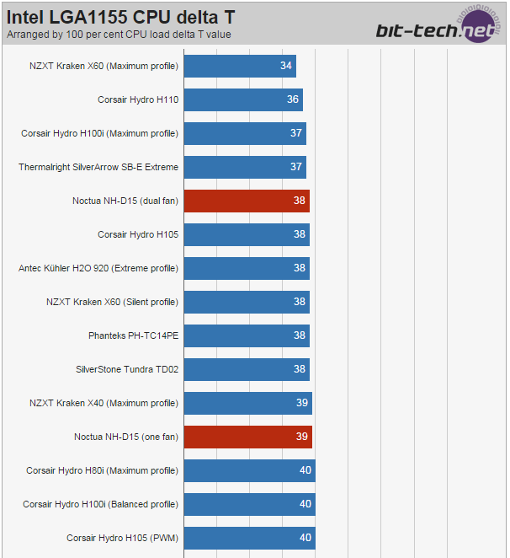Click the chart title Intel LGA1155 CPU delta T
pos(121,17)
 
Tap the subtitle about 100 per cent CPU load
pos(119,35)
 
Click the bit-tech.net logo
pos(438,26)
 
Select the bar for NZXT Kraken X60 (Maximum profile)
pos(240,66)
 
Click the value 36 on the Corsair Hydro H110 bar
pos(293,99)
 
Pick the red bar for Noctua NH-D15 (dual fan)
pos(247,201)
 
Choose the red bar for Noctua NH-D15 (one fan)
pos(248,437)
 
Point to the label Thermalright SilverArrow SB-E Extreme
pos(98,167)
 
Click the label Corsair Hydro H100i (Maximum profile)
pos(99,133)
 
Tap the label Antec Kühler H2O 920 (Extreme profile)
pos(98,268)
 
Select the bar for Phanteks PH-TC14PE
pos(247,335)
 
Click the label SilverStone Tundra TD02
pos(127,369)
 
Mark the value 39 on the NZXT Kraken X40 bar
pos(302,403)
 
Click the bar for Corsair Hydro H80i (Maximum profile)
pos(249,470)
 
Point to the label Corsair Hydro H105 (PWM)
pos(122,538)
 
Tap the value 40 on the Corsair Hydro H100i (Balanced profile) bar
pos(305,504)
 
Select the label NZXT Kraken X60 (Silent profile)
pos(112,302)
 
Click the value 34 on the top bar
pos(286,66)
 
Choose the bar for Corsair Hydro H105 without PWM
pos(247,234)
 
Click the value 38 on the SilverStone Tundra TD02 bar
pos(300,369)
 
